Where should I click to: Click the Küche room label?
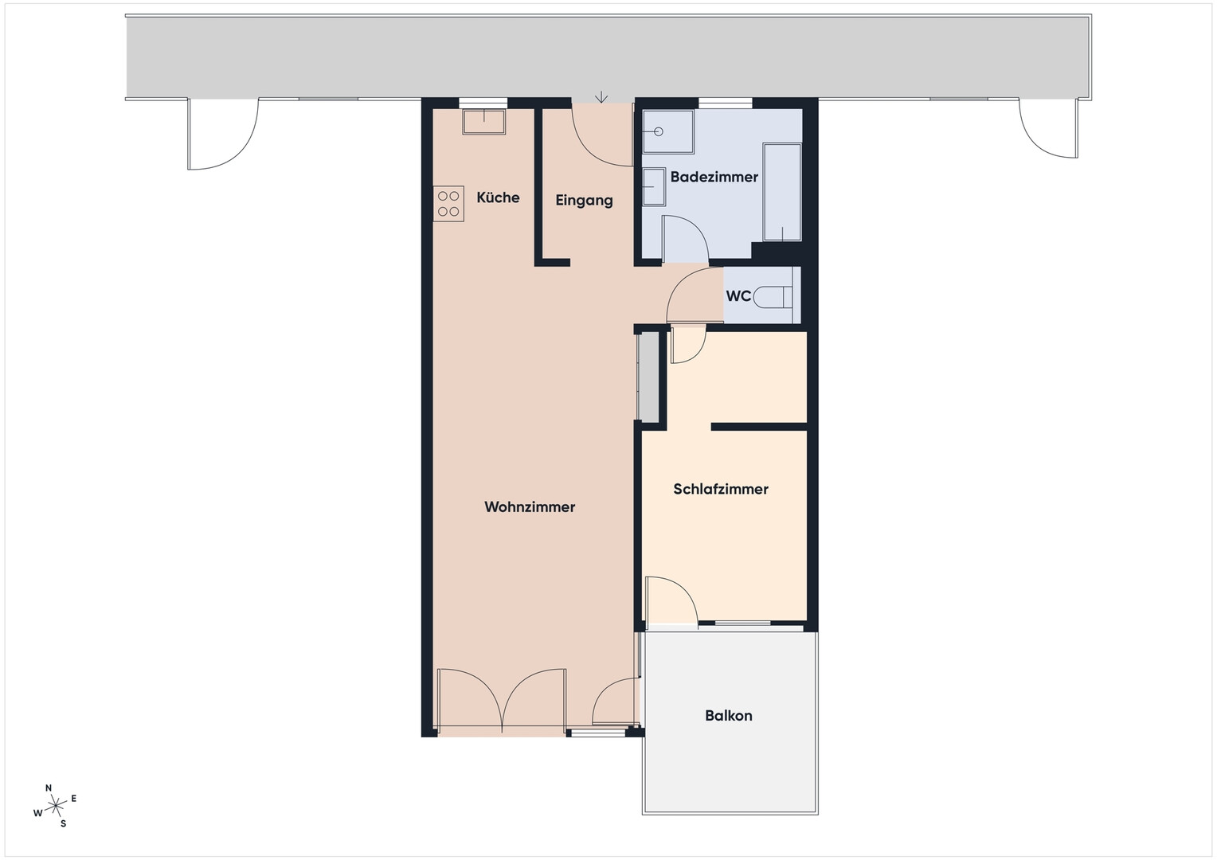[x=498, y=197]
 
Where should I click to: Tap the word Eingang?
[x=584, y=201]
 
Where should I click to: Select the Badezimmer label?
[x=714, y=177]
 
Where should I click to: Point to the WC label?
[x=738, y=296]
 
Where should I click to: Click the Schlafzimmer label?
[x=721, y=489]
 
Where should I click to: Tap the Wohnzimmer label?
[x=530, y=507]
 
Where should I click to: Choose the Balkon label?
[x=729, y=716]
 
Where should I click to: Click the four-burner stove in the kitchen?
[x=448, y=204]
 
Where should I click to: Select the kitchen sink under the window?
[x=483, y=122]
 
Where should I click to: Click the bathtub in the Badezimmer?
[x=782, y=192]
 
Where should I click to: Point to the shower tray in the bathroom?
[x=667, y=132]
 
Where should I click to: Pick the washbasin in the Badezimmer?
[x=654, y=186]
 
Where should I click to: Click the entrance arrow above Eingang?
[x=601, y=96]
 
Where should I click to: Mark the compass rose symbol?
[x=55, y=805]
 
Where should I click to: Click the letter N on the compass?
[x=49, y=788]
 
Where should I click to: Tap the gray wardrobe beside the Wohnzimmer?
[x=647, y=377]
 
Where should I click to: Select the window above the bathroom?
[x=725, y=103]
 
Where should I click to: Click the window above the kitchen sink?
[x=483, y=103]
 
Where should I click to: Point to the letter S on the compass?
[x=63, y=823]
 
